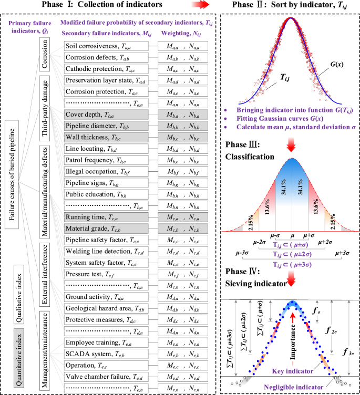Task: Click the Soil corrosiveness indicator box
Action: (x=105, y=46)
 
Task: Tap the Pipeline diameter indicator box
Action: (x=105, y=126)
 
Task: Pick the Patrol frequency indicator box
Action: (x=105, y=160)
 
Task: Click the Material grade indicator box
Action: (x=105, y=228)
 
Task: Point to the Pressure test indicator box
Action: (x=105, y=274)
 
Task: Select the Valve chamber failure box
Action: (x=105, y=377)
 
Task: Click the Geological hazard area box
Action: (x=105, y=308)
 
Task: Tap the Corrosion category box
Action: (x=46, y=57)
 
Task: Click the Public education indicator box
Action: (x=105, y=194)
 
